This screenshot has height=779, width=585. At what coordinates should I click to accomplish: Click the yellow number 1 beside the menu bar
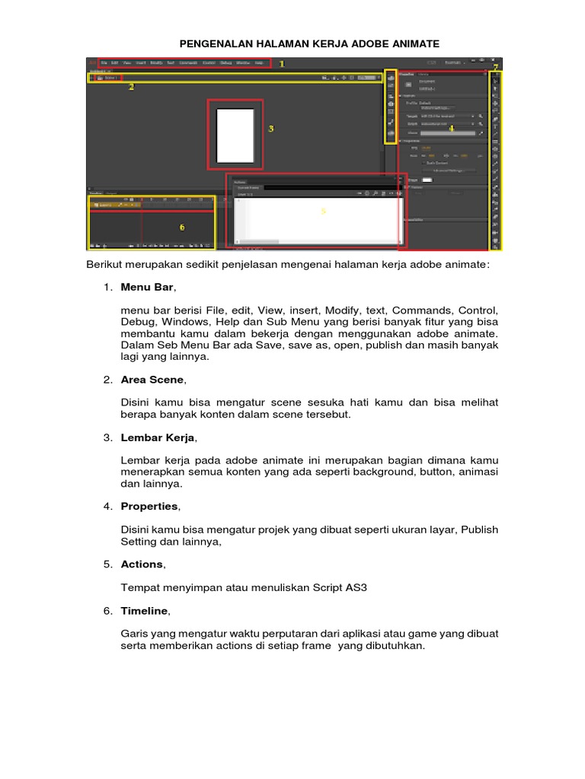(281, 64)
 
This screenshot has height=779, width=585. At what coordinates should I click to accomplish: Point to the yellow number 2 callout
(131, 87)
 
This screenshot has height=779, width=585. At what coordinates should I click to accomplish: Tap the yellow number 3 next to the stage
(270, 129)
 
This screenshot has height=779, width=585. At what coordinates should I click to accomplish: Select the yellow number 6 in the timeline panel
(182, 227)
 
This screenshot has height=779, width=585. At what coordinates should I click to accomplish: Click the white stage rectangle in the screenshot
(235, 135)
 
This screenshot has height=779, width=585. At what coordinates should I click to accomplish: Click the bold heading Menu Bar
(147, 288)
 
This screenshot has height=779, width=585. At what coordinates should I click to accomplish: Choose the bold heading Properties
(149, 505)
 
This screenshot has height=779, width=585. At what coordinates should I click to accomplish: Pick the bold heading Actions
(142, 564)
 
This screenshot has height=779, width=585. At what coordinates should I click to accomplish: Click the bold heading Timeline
(145, 611)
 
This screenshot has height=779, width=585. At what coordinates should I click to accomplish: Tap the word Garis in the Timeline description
(136, 634)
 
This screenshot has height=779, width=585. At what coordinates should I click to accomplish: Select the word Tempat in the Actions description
(140, 587)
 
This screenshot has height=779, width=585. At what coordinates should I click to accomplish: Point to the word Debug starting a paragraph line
(138, 323)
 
